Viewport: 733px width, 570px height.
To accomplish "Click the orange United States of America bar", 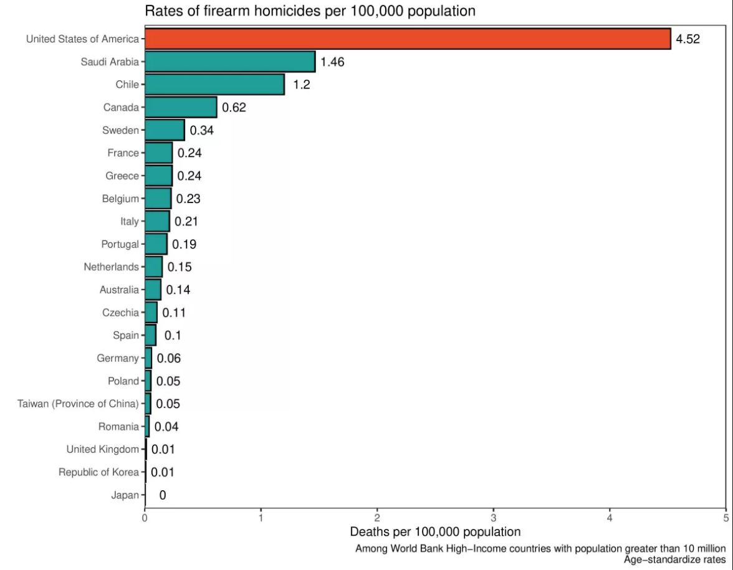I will click(408, 39).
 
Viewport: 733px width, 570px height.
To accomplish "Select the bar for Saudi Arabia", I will click(230, 62).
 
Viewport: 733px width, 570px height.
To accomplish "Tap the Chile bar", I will click(214, 85).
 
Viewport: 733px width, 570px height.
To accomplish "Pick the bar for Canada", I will click(181, 107).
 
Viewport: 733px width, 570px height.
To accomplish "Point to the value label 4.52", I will click(688, 39).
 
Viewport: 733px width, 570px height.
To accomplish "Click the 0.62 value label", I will click(234, 108).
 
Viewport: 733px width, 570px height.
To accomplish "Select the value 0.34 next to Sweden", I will click(202, 131).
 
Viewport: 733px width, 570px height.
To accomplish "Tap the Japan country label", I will click(125, 495).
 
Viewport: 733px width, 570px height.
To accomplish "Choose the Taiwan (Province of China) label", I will click(78, 404).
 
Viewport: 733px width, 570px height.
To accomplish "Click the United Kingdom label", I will click(103, 449).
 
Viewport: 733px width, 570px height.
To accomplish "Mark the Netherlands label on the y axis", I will click(111, 267).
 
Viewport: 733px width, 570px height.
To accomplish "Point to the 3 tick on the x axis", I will click(494, 517).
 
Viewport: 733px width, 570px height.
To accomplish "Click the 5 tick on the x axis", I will click(726, 517).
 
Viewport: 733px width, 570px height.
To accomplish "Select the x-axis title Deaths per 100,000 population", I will click(435, 532).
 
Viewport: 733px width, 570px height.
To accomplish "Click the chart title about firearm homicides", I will click(310, 11).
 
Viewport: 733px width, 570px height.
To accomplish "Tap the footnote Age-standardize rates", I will click(675, 559).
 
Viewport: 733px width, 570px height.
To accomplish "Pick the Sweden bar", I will click(165, 130).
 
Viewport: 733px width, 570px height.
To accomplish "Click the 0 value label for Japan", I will click(163, 495).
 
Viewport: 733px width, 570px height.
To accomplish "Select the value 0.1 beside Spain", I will click(173, 336).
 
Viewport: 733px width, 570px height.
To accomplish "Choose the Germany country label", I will click(118, 358).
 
